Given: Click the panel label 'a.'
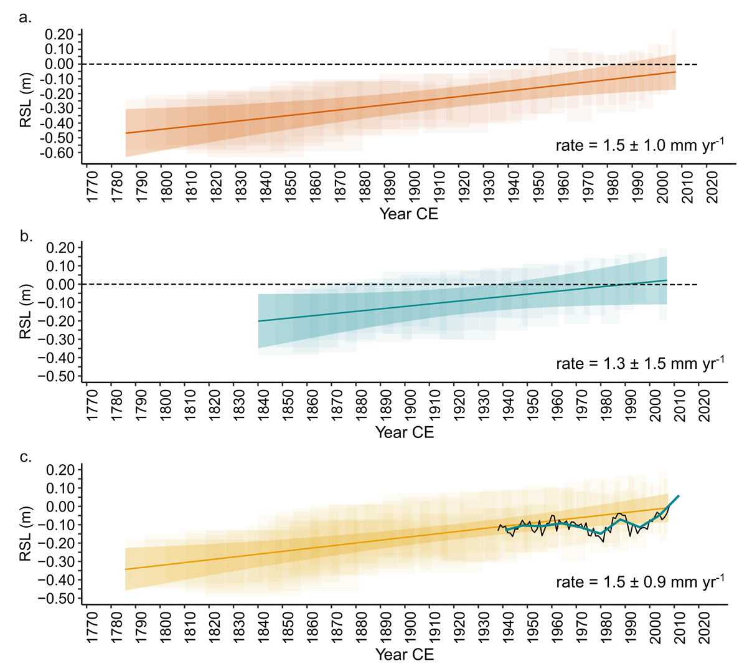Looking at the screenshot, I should coord(25,17).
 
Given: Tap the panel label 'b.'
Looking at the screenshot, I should coord(26,237).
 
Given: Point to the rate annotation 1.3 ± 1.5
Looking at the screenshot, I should coord(640,363).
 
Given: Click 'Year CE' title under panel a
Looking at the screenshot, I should coord(408,214).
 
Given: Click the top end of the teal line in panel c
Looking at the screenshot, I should coord(679,495).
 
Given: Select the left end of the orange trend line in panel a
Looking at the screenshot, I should coord(126,133).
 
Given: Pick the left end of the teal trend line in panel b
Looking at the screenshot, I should coord(258,321).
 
